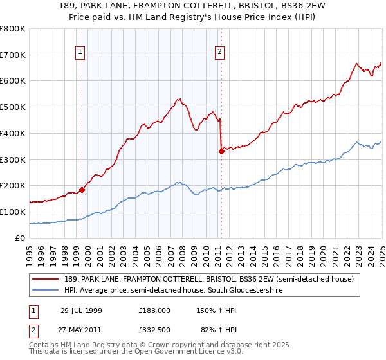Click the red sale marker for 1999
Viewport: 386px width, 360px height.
pos(82,190)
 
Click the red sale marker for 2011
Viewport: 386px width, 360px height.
pos(221,151)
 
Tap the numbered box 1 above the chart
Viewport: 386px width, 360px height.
pos(80,53)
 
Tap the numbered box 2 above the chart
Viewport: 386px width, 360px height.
pos(219,53)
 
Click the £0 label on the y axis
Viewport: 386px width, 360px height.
pos(20,238)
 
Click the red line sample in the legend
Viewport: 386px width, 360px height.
pos(46,280)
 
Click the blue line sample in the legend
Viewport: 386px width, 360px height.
pos(46,291)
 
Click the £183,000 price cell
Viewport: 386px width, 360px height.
pos(153,310)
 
